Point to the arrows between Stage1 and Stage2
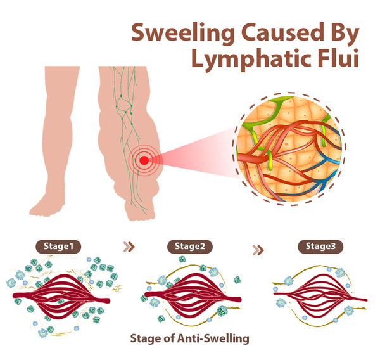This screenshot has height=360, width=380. pyautogui.click(x=129, y=247)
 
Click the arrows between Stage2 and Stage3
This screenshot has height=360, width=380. pyautogui.click(x=258, y=249)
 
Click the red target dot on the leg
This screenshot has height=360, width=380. pyautogui.click(x=144, y=160)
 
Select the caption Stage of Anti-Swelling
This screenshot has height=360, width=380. pyautogui.click(x=189, y=338)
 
